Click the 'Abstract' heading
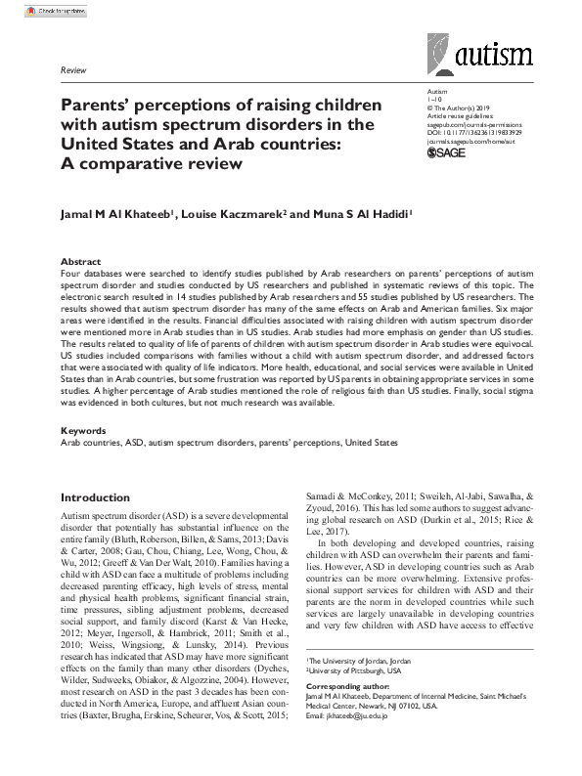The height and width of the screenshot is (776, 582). click(x=80, y=263)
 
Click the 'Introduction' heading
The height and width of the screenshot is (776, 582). click(x=96, y=497)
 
